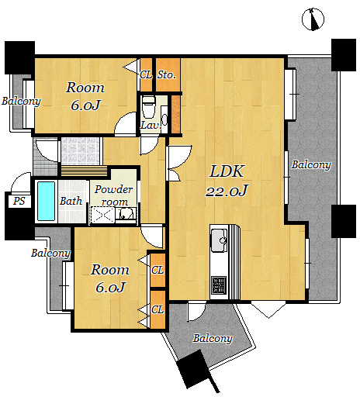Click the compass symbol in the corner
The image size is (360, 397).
(313, 19)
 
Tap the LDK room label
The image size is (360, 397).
(227, 171)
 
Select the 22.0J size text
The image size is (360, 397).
(227, 191)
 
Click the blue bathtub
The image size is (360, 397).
(47, 201)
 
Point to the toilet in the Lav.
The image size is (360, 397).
(148, 106)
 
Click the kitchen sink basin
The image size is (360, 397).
(219, 240)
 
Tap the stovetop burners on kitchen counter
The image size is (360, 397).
(219, 285)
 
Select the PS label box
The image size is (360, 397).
(19, 201)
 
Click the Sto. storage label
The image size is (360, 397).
(167, 75)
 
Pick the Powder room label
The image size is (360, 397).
(113, 195)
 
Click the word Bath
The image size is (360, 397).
(71, 201)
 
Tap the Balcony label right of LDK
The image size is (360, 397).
(311, 165)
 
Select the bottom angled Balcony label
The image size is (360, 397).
(213, 338)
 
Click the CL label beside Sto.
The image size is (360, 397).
(146, 75)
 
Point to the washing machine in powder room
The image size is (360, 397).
(102, 215)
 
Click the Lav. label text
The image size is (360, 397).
(151, 126)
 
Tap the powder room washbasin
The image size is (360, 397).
(126, 214)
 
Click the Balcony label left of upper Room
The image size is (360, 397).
(21, 102)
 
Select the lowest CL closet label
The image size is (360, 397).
(157, 309)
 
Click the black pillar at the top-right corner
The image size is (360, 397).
(344, 55)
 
